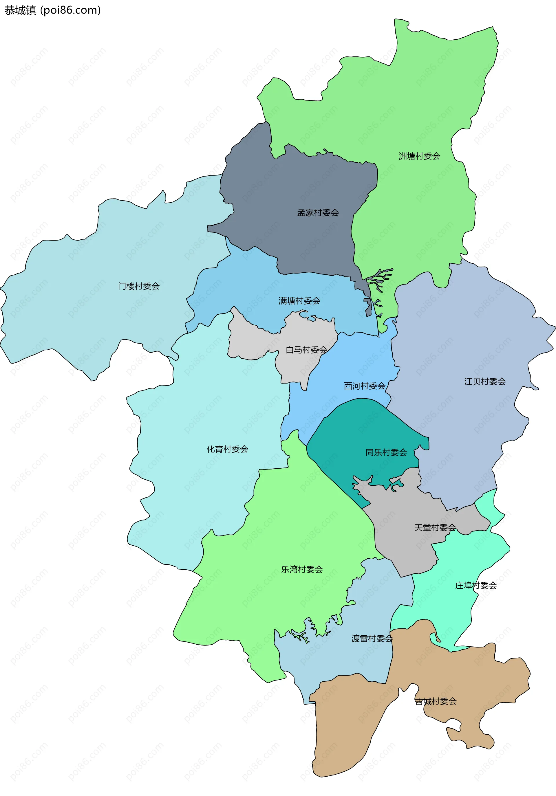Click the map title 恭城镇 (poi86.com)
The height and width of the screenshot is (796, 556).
tap(52, 10)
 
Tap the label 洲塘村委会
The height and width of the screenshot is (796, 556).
tap(419, 156)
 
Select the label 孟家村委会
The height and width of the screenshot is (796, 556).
tap(318, 213)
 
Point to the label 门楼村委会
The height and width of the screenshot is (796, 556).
tap(139, 286)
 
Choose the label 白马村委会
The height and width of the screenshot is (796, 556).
tap(306, 350)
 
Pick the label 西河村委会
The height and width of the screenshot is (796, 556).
tap(365, 386)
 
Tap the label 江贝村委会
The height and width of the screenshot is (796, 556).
tap(484, 382)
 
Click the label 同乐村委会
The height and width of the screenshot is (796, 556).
tap(386, 452)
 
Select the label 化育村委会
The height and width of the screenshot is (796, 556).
tap(227, 449)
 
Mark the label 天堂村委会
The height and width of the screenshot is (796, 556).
tap(435, 527)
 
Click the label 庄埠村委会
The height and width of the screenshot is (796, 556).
tap(475, 585)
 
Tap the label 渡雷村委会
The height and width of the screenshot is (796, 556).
tap(372, 638)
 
